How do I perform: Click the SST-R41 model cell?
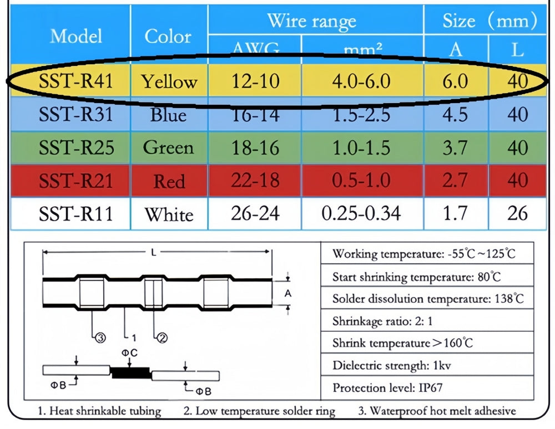(x=75, y=81)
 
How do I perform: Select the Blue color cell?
(x=169, y=115)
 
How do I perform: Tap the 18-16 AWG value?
(x=255, y=148)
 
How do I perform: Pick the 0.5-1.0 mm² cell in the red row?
(x=361, y=181)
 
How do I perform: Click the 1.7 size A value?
(x=455, y=213)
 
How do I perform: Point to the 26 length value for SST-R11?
(x=517, y=213)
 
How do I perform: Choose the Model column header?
(x=76, y=37)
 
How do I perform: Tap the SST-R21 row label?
(x=75, y=181)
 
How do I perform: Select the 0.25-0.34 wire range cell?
(x=361, y=213)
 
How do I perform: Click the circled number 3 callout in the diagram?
(x=100, y=336)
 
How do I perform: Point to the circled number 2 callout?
(x=162, y=336)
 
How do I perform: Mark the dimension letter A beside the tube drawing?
(x=287, y=293)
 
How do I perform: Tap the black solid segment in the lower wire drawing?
(x=131, y=372)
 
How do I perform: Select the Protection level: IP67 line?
(x=387, y=388)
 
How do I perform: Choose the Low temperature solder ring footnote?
(x=259, y=411)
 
